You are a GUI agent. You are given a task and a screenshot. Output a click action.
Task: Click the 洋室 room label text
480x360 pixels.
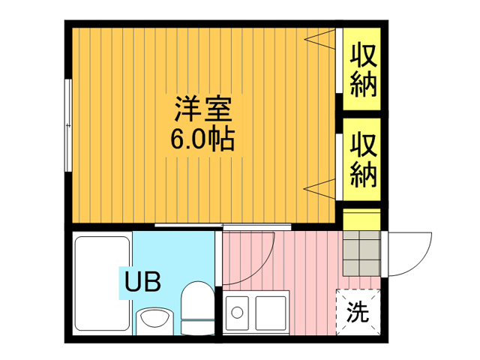tap(202, 109)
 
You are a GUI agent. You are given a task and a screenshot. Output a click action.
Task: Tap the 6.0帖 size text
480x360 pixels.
tap(202, 139)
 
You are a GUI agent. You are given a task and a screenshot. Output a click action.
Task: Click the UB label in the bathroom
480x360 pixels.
tap(142, 282)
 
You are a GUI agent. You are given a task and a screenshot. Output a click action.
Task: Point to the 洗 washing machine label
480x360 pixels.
tap(358, 312)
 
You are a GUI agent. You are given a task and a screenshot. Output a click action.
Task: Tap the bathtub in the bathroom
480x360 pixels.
tap(102, 283)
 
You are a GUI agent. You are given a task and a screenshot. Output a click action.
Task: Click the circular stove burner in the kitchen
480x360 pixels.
tap(237, 313)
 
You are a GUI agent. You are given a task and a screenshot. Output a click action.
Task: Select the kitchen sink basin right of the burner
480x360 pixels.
tap(271, 313)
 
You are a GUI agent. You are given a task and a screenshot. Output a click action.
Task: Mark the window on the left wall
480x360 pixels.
tap(68, 125)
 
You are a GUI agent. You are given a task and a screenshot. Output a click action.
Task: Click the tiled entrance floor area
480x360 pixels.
tap(361, 253)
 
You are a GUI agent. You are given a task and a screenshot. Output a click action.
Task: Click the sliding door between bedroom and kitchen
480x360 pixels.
tap(223, 226)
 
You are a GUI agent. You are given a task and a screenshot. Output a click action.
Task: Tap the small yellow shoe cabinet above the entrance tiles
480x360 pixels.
tap(361, 219)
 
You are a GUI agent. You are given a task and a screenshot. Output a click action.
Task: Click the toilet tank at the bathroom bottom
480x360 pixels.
tap(197, 328)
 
